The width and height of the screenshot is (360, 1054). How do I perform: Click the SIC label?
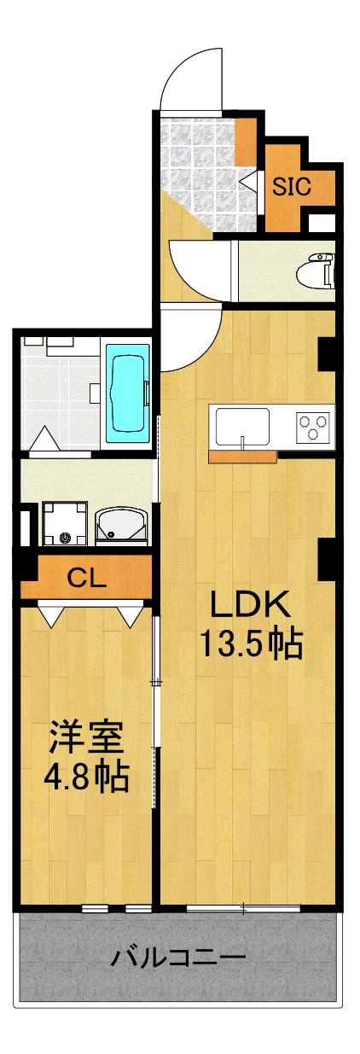[x=291, y=185]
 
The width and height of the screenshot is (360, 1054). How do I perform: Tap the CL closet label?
[x=87, y=579]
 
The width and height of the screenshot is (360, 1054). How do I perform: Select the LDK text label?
[x=252, y=607]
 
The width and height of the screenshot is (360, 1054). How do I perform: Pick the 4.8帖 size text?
[x=86, y=777]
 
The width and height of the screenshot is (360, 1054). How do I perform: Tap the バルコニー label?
[x=178, y=957]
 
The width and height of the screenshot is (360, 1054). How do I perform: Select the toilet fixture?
[x=315, y=270]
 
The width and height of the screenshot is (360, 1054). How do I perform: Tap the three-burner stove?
[x=312, y=425]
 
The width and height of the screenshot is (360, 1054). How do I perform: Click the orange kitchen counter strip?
[x=243, y=457]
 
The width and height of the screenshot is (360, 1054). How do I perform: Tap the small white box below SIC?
[x=321, y=224]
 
